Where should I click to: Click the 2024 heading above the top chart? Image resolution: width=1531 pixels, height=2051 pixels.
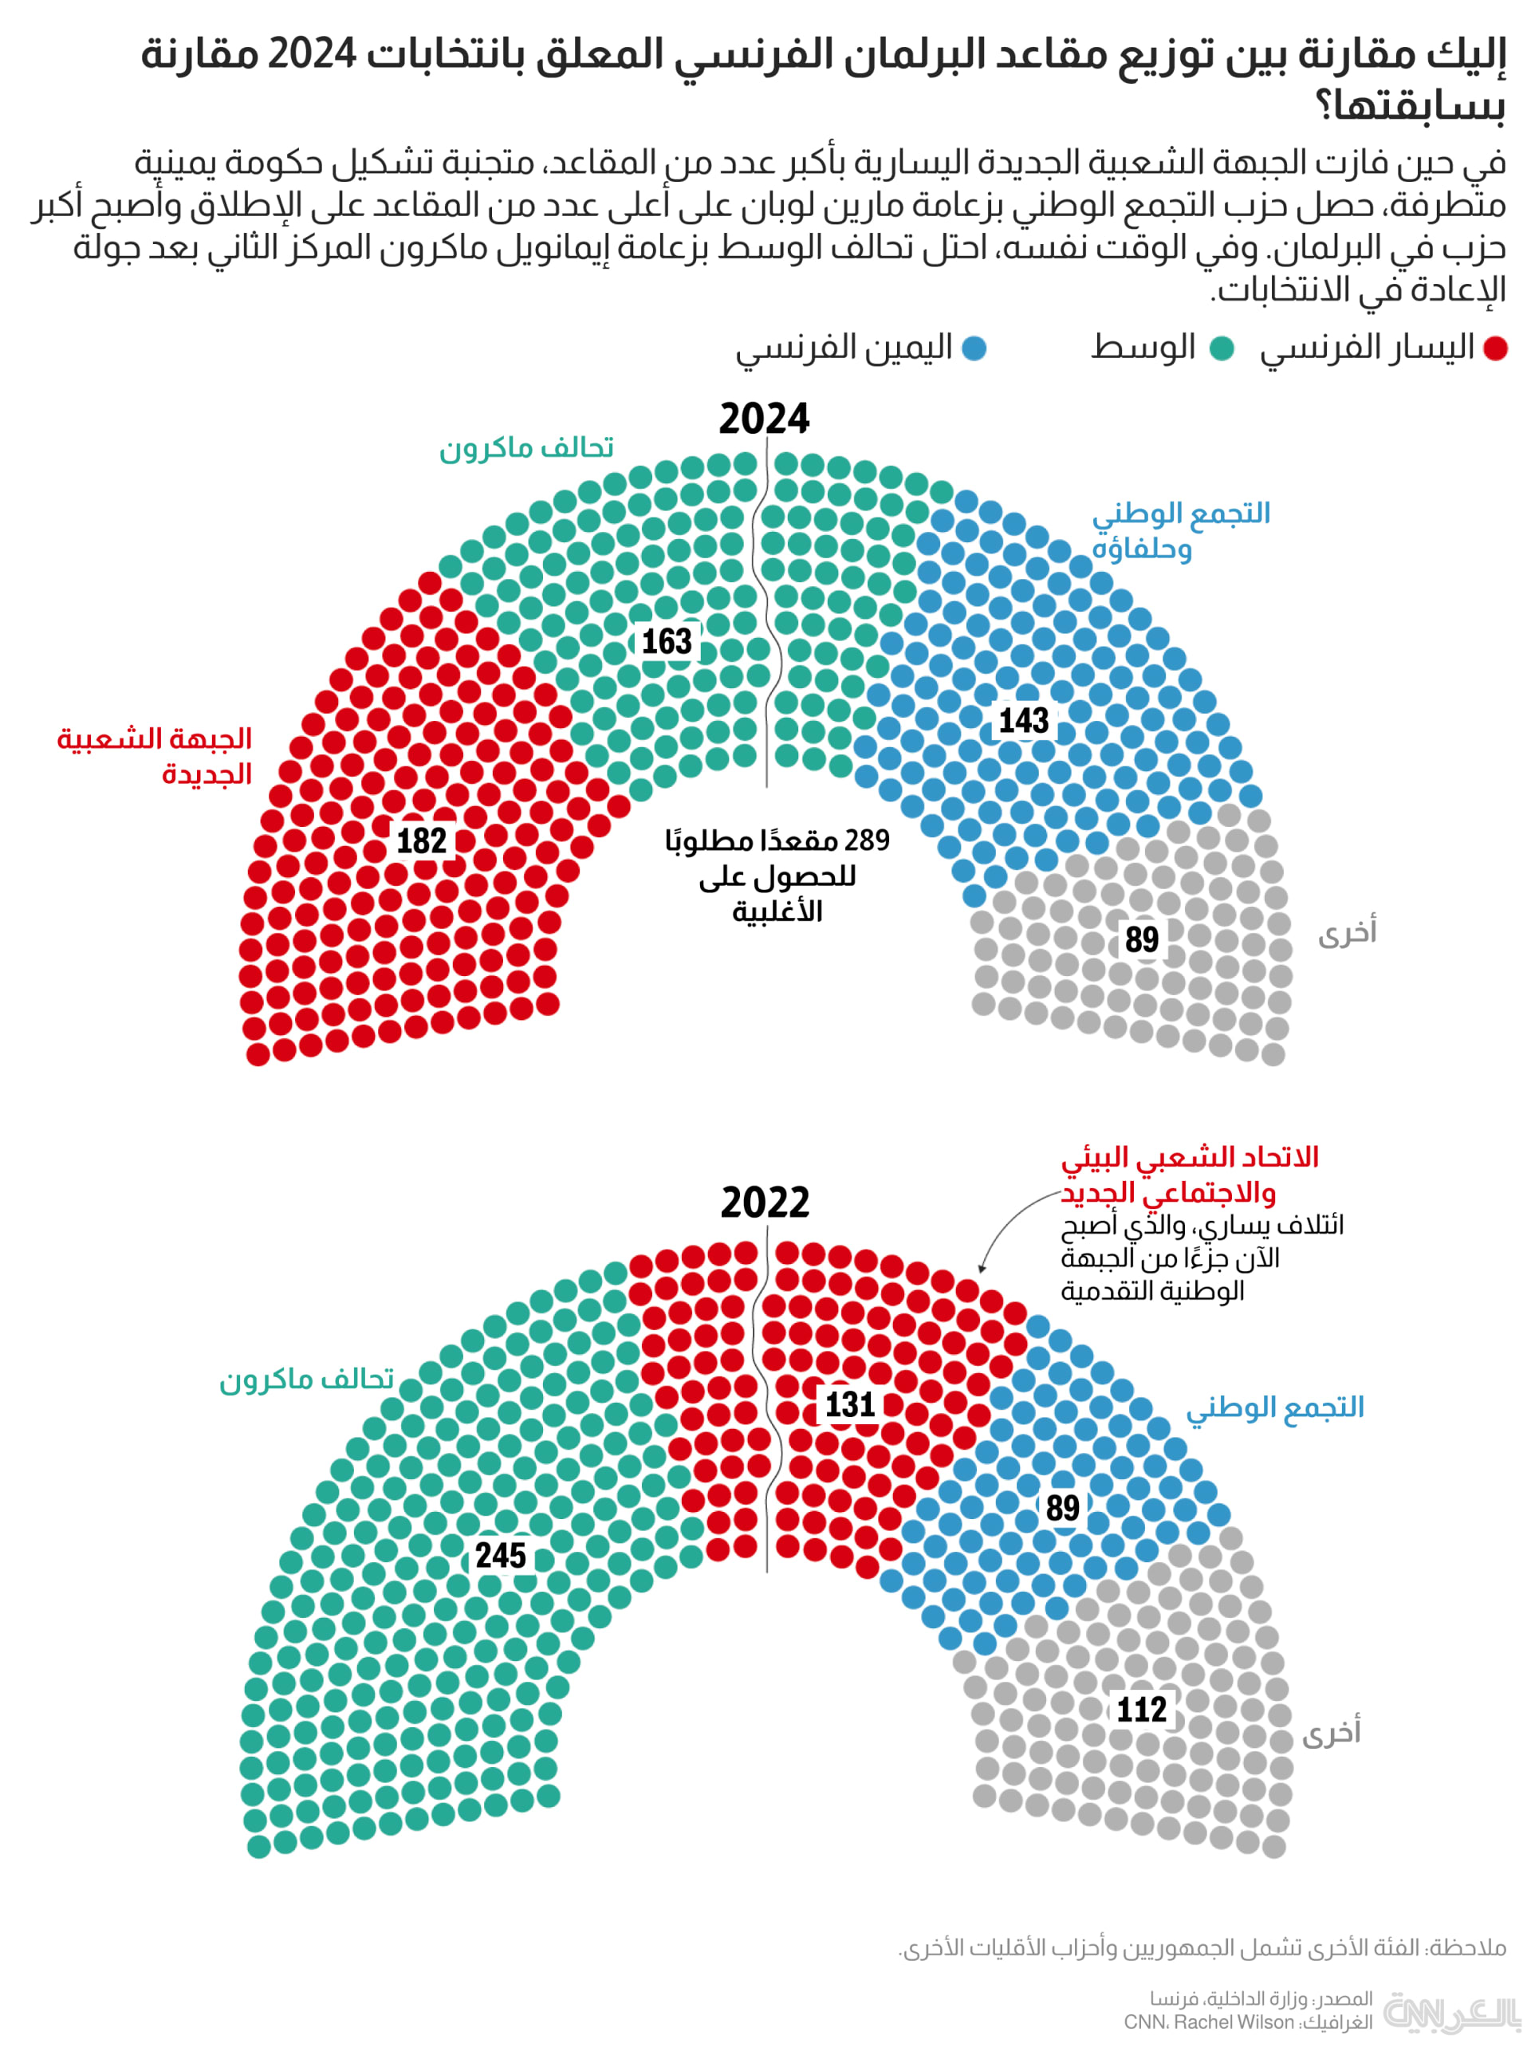pyautogui.click(x=764, y=419)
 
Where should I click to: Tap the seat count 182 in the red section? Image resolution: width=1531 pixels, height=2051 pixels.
pyautogui.click(x=422, y=840)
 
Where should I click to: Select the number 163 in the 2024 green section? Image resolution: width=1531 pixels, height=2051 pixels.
pyautogui.click(x=667, y=641)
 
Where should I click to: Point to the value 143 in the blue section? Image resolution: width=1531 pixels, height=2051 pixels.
pyautogui.click(x=1023, y=720)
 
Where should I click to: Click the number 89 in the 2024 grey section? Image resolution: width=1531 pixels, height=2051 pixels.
pyautogui.click(x=1142, y=939)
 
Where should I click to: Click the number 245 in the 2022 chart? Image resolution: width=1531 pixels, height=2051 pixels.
pyautogui.click(x=501, y=1554)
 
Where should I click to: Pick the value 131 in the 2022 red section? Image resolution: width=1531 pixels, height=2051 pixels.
pyautogui.click(x=850, y=1404)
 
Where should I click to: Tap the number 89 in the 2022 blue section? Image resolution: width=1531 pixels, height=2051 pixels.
pyautogui.click(x=1062, y=1508)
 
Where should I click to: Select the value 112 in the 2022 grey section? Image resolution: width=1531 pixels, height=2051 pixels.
pyautogui.click(x=1141, y=1709)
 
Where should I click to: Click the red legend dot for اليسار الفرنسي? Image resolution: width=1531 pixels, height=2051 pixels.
pyautogui.click(x=1495, y=348)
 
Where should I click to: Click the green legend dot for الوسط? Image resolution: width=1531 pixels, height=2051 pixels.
pyautogui.click(x=1222, y=348)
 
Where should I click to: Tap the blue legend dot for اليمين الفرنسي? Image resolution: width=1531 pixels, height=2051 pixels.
pyautogui.click(x=974, y=348)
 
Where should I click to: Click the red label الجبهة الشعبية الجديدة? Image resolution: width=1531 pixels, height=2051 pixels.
pyautogui.click(x=155, y=755)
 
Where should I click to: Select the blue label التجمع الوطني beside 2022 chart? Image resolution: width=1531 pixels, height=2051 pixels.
pyautogui.click(x=1275, y=1407)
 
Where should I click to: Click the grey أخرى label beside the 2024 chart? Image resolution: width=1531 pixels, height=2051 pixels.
pyautogui.click(x=1347, y=932)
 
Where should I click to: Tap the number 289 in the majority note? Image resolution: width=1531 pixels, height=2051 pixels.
pyautogui.click(x=868, y=840)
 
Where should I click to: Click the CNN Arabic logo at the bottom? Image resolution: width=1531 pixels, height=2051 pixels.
pyautogui.click(x=1451, y=2013)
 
